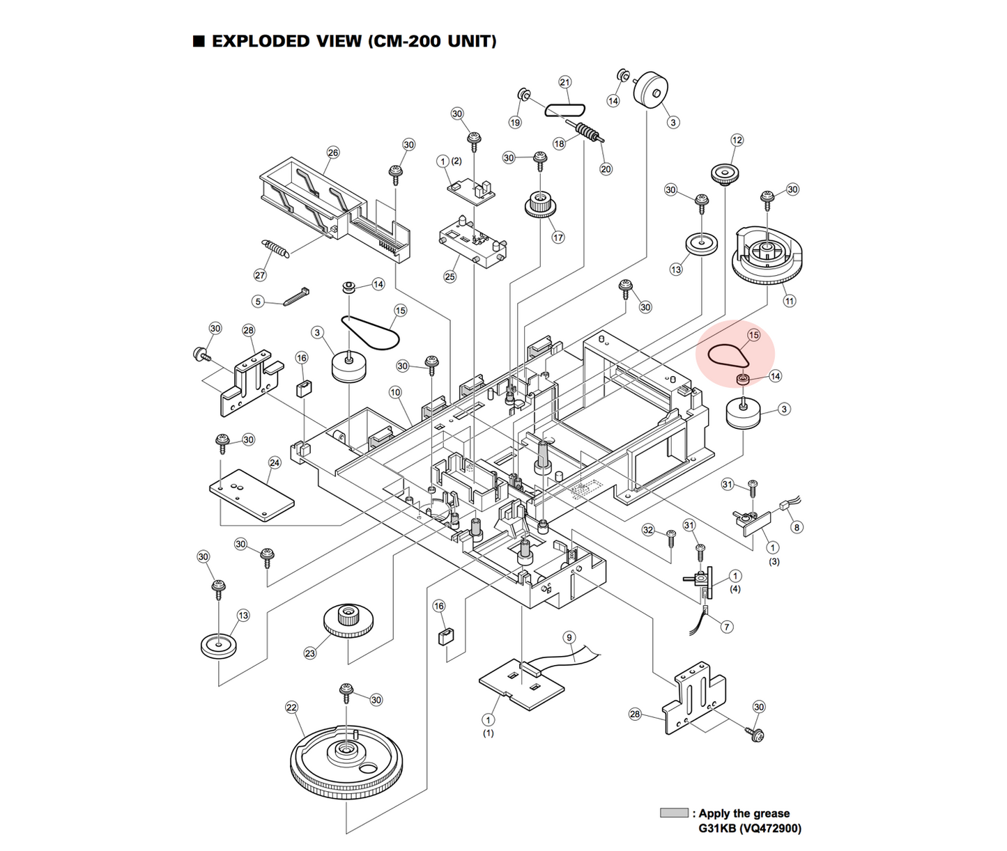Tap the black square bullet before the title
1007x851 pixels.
pos(199,40)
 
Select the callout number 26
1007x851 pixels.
pos(333,153)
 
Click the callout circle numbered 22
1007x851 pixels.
pos(291,708)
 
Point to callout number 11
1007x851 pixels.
pos(789,301)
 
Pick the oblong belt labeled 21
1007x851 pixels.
pos(564,109)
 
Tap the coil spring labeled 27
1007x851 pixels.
pos(275,249)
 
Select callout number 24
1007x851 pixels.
pos(275,463)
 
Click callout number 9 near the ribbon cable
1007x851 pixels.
pos(569,637)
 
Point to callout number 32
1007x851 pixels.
pos(648,530)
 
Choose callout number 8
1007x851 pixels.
pos(797,527)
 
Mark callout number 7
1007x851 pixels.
pos(726,627)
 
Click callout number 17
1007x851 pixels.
pos(558,237)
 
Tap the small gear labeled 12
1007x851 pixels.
pos(725,173)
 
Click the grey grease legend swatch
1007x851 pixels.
pos(673,813)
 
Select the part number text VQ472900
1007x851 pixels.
pos(771,829)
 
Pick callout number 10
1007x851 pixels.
pos(395,392)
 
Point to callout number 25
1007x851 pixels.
pos(449,276)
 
